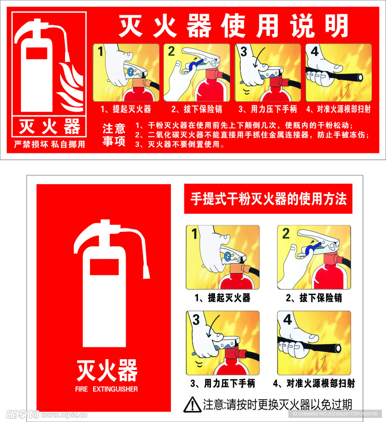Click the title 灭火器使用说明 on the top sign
(x=233, y=26)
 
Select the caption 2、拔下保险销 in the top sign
(x=197, y=109)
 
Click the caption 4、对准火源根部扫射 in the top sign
(x=338, y=109)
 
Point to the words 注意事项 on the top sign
(x=114, y=135)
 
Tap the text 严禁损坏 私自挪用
(x=49, y=145)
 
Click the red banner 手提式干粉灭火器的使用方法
(x=268, y=199)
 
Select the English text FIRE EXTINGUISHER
(x=107, y=389)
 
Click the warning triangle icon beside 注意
(x=192, y=405)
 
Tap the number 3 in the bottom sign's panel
(x=196, y=320)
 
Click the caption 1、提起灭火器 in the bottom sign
(x=223, y=298)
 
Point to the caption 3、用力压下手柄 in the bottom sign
(x=223, y=384)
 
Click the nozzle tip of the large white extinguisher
(x=146, y=272)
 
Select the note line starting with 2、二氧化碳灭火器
(x=252, y=135)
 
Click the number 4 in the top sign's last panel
(x=315, y=52)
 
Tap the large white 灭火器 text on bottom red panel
(x=107, y=370)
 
